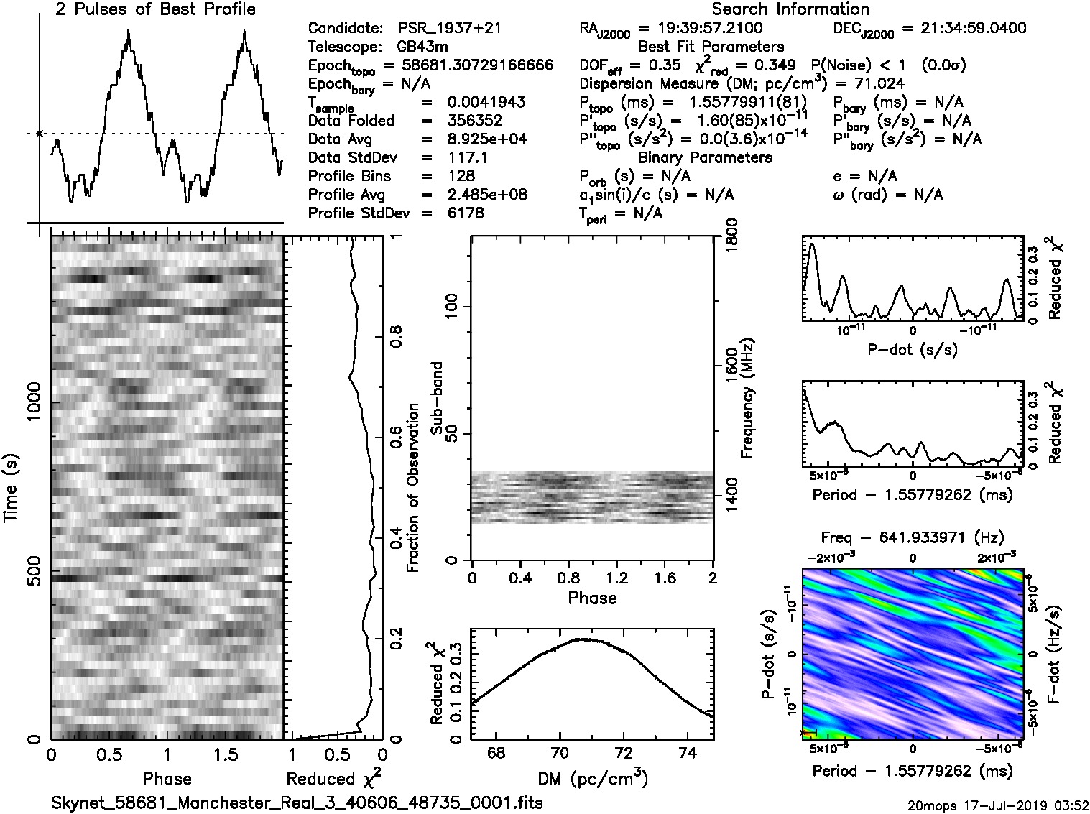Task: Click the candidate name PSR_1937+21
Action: click(450, 29)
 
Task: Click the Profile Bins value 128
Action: click(461, 176)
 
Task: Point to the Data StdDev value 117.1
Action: click(467, 157)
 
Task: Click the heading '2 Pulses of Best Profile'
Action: click(155, 9)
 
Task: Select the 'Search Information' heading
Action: click(790, 9)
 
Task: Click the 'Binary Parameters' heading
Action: click(705, 157)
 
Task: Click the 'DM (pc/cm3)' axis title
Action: click(593, 779)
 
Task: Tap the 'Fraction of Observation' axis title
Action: click(413, 488)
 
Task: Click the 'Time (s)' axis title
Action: click(12, 488)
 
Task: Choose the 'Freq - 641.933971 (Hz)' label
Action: click(913, 537)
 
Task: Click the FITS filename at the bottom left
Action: click(297, 802)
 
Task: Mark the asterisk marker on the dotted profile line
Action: click(40, 134)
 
